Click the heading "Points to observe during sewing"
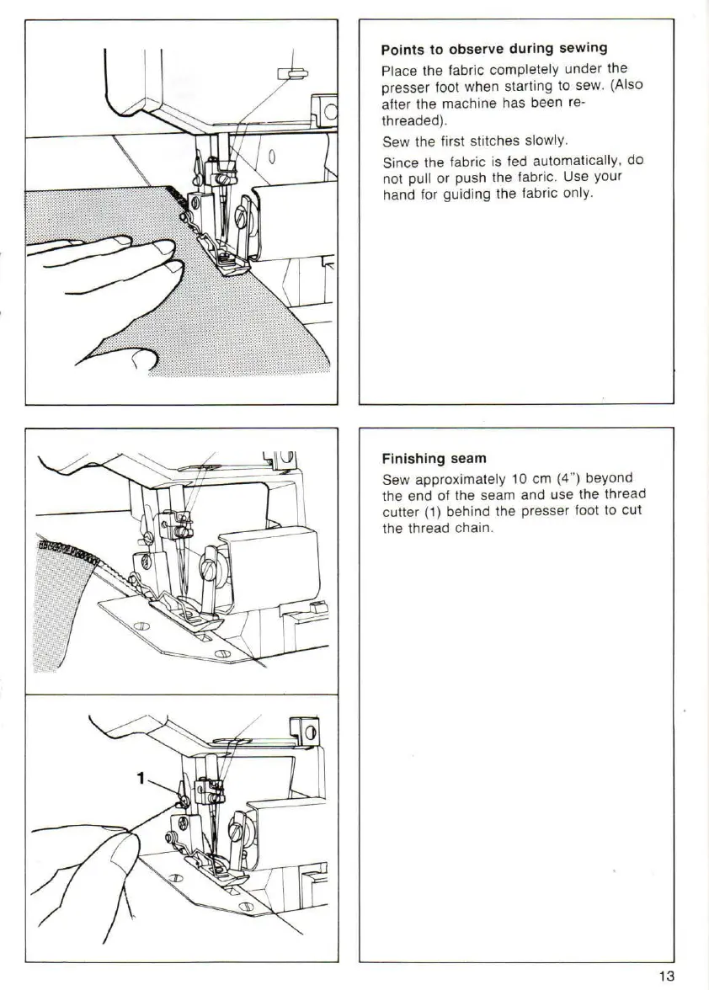click(494, 48)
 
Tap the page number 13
click(666, 976)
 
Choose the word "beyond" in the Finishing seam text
click(609, 478)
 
